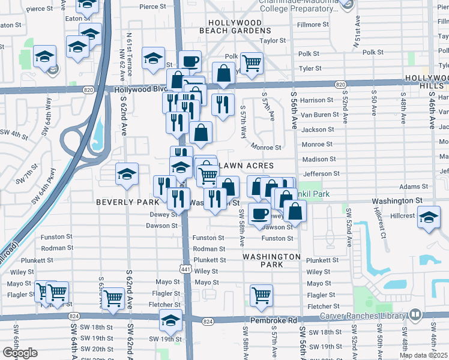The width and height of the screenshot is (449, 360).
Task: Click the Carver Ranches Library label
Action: [363, 316]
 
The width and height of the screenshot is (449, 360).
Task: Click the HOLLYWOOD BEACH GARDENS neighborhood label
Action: [234, 26]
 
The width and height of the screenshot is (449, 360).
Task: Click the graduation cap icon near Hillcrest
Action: [429, 216]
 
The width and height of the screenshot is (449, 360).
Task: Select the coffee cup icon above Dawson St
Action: [259, 213]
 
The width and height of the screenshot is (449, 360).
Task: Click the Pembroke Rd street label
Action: [274, 321]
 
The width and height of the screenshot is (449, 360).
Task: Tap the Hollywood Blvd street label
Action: [139, 89]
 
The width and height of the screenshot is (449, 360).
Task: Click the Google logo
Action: [20, 353]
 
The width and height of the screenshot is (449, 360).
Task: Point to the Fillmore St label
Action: [309, 25]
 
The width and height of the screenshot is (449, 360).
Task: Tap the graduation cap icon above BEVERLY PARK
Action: [127, 174]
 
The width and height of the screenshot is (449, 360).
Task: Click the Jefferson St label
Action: [322, 173]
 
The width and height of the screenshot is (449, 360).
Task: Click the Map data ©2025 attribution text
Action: [423, 355]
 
